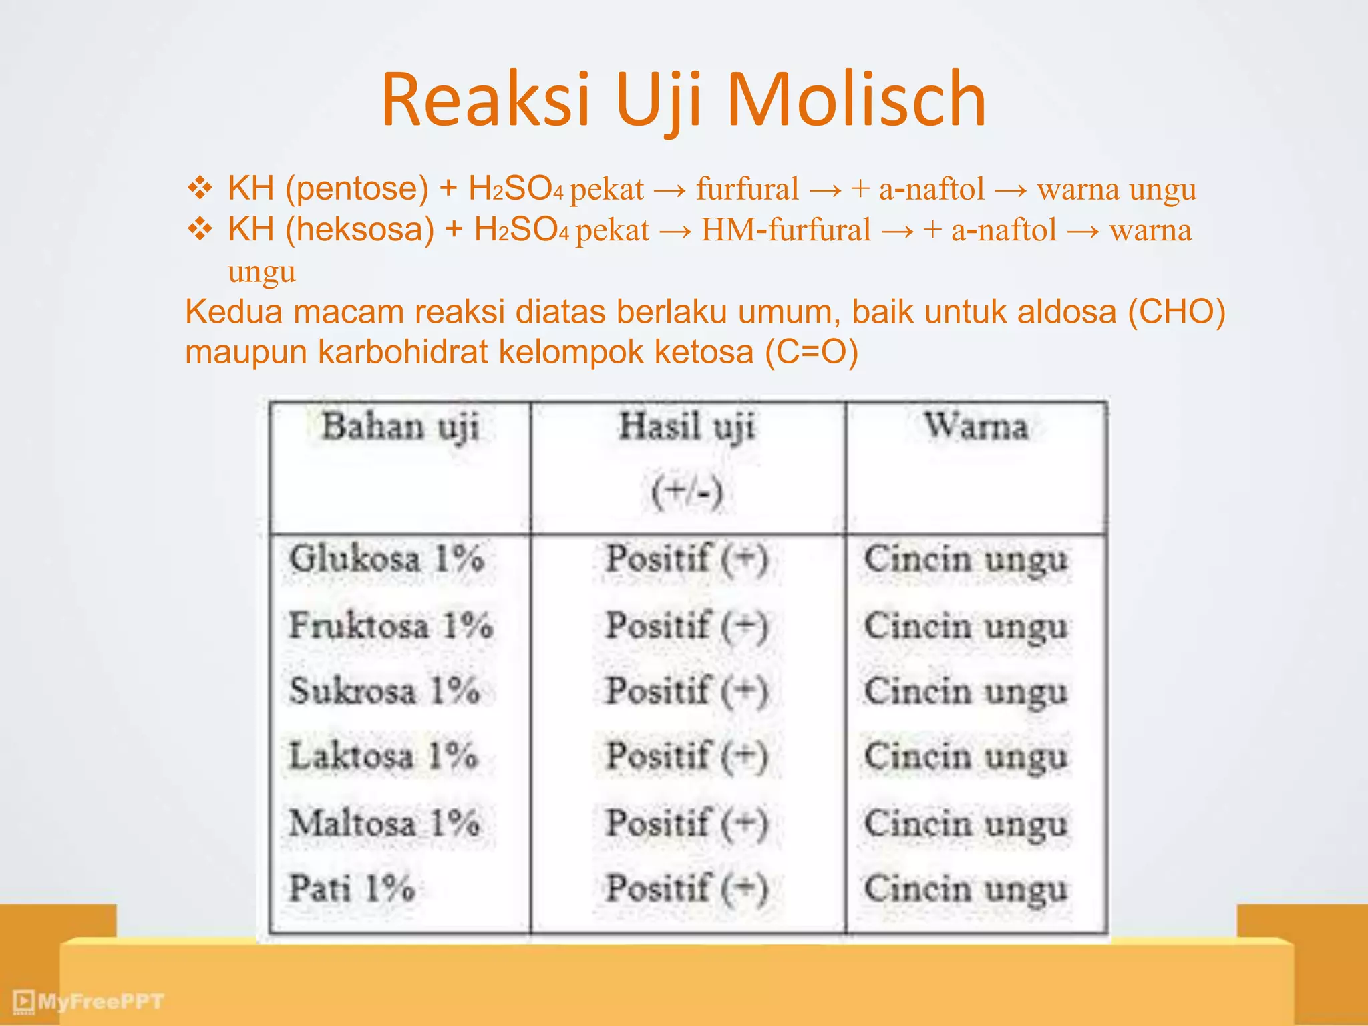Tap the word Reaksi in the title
[486, 100]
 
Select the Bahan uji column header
[400, 427]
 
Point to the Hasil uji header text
[687, 427]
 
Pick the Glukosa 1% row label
[386, 558]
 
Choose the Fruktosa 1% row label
[391, 625]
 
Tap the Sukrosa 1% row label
[384, 691]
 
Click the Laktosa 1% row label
[383, 756]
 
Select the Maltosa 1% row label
[384, 822]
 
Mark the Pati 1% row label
[352, 888]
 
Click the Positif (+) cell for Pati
[687, 888]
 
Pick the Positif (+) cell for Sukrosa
[687, 691]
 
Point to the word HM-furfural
[786, 230]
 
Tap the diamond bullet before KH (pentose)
[200, 188]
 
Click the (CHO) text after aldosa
[1176, 312]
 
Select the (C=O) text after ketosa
[812, 352]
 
